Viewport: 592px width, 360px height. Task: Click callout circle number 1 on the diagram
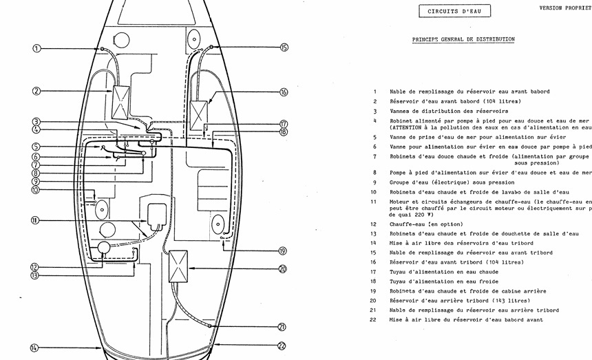tap(37, 49)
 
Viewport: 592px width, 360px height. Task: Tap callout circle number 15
tap(284, 47)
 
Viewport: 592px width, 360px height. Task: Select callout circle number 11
tap(35, 220)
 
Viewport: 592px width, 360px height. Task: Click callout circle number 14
tap(35, 348)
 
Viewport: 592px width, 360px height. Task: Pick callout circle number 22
tap(282, 346)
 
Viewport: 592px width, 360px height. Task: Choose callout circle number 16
tap(284, 92)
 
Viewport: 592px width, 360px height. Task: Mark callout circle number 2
tap(37, 91)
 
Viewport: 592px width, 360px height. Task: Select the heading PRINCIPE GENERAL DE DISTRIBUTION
tap(463, 40)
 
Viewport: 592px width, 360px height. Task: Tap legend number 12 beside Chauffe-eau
tap(373, 224)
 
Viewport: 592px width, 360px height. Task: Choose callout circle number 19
tap(282, 251)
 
